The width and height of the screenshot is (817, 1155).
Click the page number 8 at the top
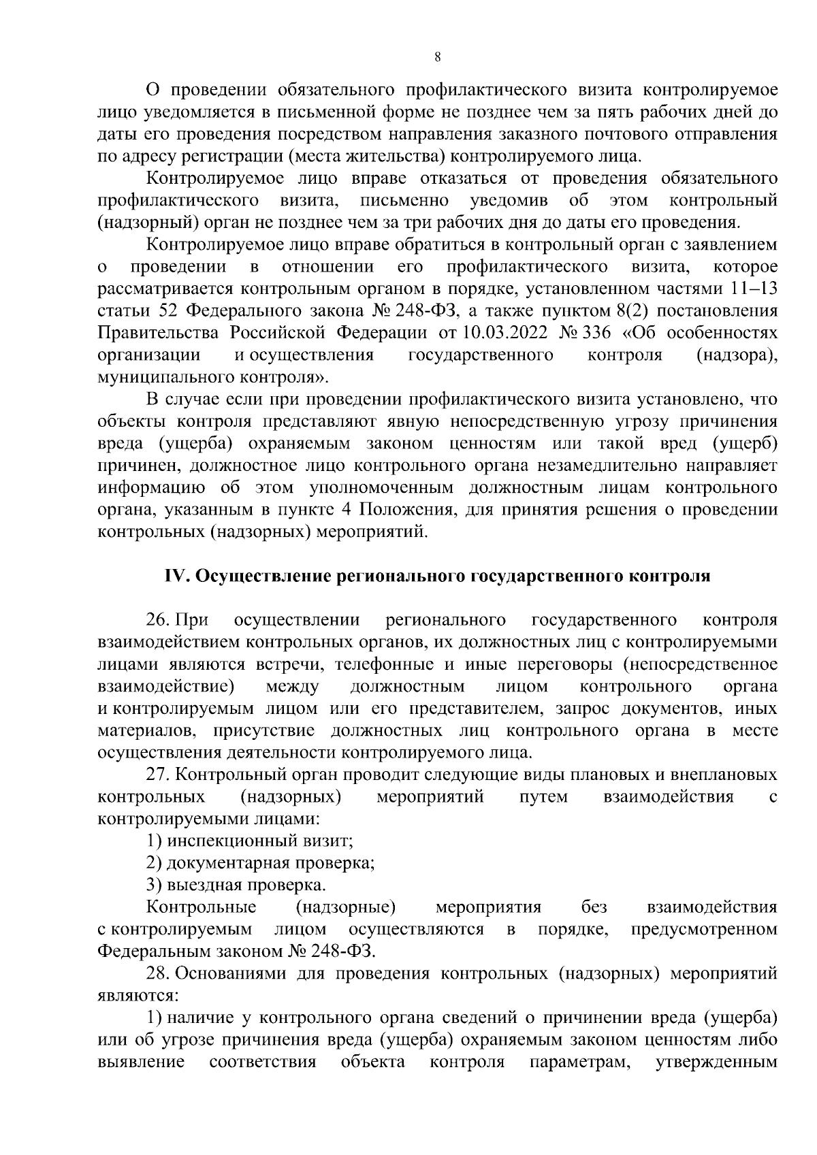[438, 58]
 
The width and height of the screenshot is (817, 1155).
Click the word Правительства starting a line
[159, 333]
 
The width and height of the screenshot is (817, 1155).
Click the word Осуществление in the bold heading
[263, 576]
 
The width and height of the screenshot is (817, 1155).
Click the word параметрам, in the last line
[579, 1062]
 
